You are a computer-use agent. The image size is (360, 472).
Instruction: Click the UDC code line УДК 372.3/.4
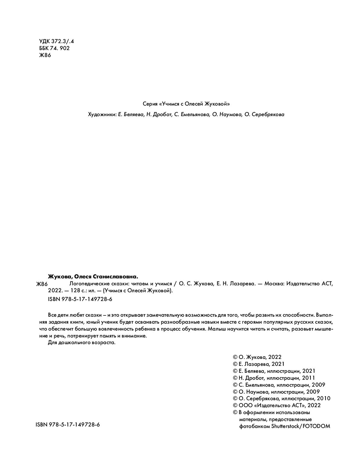[x=56, y=41]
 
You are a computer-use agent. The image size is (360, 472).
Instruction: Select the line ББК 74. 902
[x=54, y=48]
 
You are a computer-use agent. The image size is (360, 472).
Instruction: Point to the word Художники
[x=100, y=115]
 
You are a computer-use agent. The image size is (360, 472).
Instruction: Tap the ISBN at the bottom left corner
[x=68, y=425]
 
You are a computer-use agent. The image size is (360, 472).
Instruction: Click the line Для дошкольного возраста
[x=82, y=343]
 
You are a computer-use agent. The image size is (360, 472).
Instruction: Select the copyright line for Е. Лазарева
[x=259, y=364]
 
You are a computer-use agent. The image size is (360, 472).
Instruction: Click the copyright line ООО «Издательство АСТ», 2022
[x=277, y=405]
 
